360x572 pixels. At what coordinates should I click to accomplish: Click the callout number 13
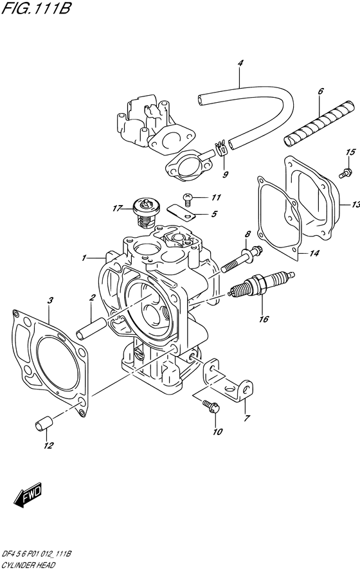354,205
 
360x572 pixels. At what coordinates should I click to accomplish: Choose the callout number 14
314,254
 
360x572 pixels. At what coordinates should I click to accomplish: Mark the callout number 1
84,258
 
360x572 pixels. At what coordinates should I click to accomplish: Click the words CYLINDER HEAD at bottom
28,565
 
